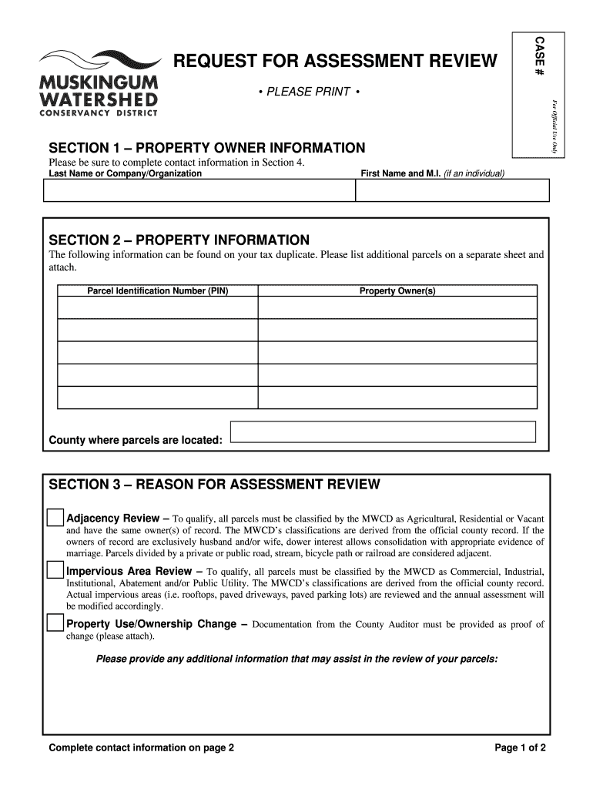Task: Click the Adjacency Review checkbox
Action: pyautogui.click(x=55, y=517)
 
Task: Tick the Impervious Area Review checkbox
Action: pyautogui.click(x=55, y=570)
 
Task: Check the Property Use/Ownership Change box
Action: pyautogui.click(x=55, y=623)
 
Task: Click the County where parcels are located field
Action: pyautogui.click(x=383, y=432)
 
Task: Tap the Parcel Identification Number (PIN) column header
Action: pyautogui.click(x=158, y=291)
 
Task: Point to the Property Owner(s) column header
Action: pyautogui.click(x=397, y=291)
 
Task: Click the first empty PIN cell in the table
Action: pyautogui.click(x=158, y=307)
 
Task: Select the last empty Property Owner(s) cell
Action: pyautogui.click(x=397, y=398)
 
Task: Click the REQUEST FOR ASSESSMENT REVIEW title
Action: pyautogui.click(x=335, y=62)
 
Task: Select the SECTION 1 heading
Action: pyautogui.click(x=207, y=147)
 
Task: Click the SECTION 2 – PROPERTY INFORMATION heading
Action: pyautogui.click(x=179, y=240)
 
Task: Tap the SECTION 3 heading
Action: pyautogui.click(x=215, y=485)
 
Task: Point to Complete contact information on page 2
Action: pyautogui.click(x=142, y=748)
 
